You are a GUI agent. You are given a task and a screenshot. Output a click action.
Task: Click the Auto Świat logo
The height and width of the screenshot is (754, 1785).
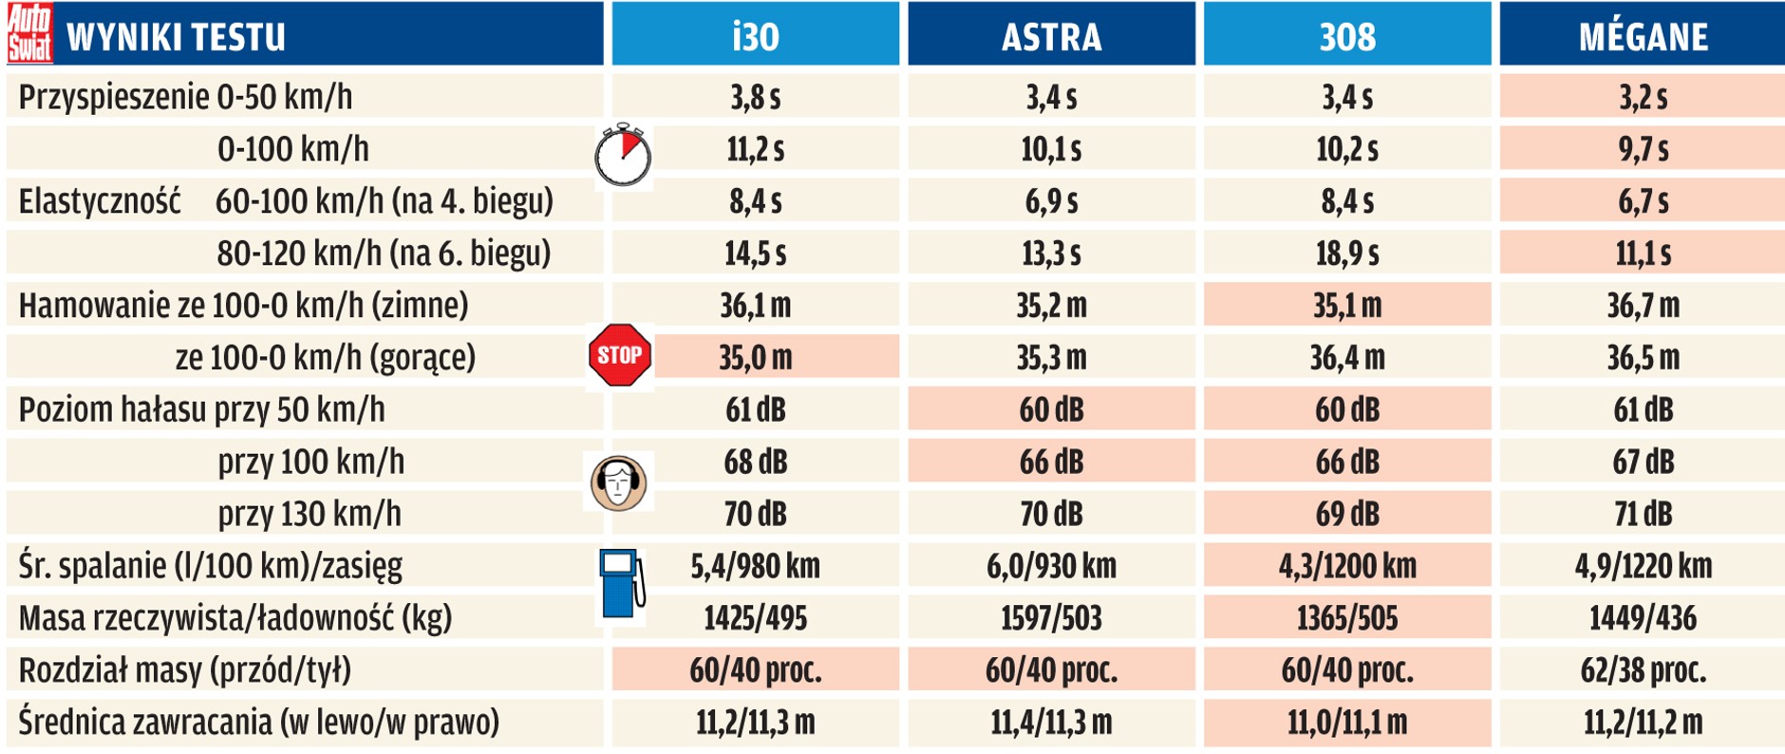tap(29, 34)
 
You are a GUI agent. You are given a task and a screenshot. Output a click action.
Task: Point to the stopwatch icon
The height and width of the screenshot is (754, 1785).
tap(623, 155)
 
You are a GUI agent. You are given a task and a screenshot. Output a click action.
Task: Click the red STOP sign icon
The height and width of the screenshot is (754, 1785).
tap(620, 355)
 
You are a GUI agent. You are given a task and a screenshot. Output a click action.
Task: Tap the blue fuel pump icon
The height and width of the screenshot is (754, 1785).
tap(622, 583)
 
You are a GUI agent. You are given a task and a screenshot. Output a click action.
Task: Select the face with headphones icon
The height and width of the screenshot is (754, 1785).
tap(619, 481)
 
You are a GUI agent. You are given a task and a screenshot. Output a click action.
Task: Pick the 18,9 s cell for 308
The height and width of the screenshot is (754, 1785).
tap(1346, 254)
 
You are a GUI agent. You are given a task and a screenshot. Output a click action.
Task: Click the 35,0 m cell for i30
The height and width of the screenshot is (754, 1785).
tap(755, 358)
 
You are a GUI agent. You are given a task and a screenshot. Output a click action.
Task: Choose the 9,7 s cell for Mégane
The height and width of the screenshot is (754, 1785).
tap(1643, 149)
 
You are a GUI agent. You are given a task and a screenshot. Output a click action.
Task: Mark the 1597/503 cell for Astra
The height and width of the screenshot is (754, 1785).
tap(1051, 618)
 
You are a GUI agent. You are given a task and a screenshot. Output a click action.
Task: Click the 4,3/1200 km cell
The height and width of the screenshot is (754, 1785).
tap(1346, 566)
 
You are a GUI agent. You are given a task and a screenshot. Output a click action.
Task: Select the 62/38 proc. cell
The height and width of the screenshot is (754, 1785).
tap(1643, 670)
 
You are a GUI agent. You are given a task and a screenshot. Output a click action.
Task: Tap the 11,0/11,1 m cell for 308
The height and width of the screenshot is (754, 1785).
tap(1346, 723)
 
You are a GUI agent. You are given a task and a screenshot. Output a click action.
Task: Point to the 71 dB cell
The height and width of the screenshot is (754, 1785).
tap(1643, 514)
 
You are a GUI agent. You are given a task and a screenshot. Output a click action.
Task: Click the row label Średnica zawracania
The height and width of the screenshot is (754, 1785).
tap(258, 723)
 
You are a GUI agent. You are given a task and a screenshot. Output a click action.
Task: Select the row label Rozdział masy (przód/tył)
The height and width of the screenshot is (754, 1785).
tap(185, 670)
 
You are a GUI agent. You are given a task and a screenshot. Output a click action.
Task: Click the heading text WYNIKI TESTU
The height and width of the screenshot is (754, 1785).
tap(176, 37)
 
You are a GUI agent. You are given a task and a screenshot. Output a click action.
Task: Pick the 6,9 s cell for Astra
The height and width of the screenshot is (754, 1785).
tap(1051, 201)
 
